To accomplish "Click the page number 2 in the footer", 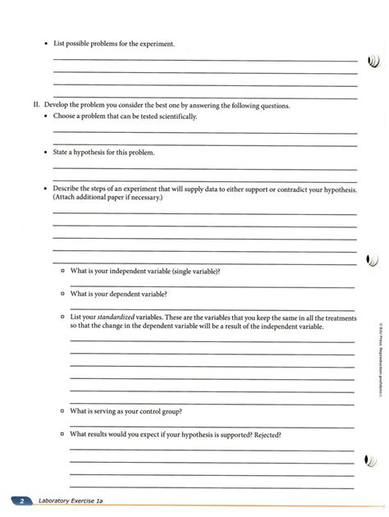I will [25, 499].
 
